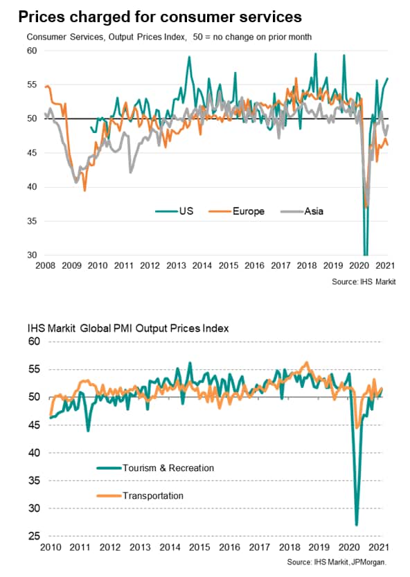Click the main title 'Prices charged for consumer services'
pyautogui.click(x=160, y=17)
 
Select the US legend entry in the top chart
pyautogui.click(x=175, y=211)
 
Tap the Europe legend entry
pyautogui.click(x=237, y=211)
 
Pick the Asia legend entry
pyautogui.click(x=302, y=211)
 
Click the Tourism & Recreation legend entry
pyautogui.click(x=155, y=468)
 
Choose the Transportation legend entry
pyautogui.click(x=140, y=496)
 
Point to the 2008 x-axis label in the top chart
pyautogui.click(x=45, y=265)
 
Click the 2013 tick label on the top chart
pyautogui.click(x=176, y=265)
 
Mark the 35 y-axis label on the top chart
pyautogui.click(x=32, y=221)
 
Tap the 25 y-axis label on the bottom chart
pyautogui.click(x=34, y=536)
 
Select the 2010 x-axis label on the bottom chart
pyautogui.click(x=51, y=547)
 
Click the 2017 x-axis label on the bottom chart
pyautogui.click(x=260, y=547)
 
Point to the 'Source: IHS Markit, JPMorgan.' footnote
pyautogui.click(x=337, y=562)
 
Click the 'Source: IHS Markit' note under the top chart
pyautogui.click(x=364, y=282)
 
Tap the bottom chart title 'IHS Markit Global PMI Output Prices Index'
pyautogui.click(x=128, y=328)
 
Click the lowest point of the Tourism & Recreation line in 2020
pyautogui.click(x=356, y=525)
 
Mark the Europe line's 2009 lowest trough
pyautogui.click(x=84, y=190)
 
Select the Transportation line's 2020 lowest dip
pyautogui.click(x=357, y=428)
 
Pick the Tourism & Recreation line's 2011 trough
pyautogui.click(x=88, y=431)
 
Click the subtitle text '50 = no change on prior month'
pyautogui.click(x=253, y=37)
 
